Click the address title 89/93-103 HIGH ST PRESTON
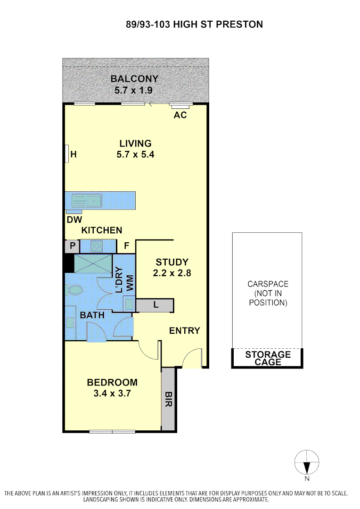(194, 24)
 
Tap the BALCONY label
(134, 79)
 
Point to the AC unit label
(180, 115)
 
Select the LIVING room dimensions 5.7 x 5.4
(135, 154)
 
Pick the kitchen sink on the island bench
(87, 201)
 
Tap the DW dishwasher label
(74, 220)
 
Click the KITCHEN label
(102, 230)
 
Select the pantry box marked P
(73, 246)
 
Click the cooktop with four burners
(97, 246)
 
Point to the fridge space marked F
(126, 246)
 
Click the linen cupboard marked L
(155, 305)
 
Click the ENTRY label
(184, 331)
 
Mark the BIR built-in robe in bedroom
(168, 400)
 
